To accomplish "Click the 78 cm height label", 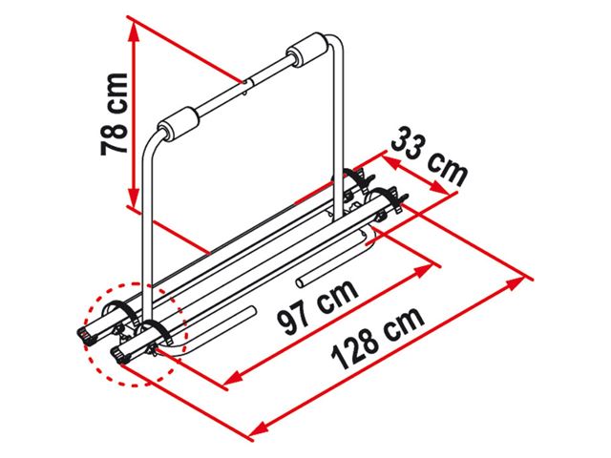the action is click(x=114, y=114).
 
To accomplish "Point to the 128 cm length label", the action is click(x=377, y=337).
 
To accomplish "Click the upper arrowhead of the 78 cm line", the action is click(x=134, y=31).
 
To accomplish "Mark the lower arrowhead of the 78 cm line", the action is click(x=134, y=198).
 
